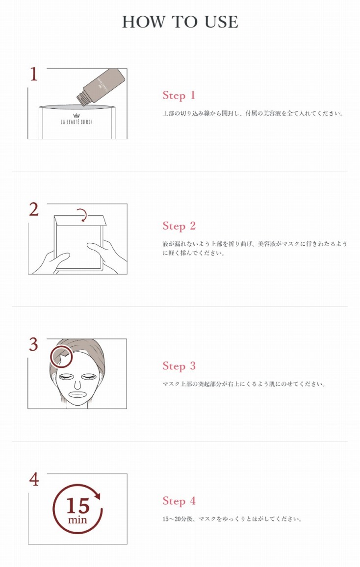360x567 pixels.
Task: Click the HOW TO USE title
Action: coord(180,22)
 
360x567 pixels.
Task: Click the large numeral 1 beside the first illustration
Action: coord(33,74)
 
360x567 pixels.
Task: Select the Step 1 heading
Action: coord(179,95)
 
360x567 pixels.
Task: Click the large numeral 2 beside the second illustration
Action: coord(33,209)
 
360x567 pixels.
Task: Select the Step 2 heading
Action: coord(179,226)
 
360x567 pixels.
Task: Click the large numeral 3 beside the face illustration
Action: coord(33,344)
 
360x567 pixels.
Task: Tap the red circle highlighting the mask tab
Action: coord(61,356)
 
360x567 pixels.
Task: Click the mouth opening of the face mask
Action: coord(77,393)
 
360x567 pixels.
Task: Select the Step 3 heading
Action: coord(179,366)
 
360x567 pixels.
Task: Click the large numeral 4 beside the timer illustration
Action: coord(33,479)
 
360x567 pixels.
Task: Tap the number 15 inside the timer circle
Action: coord(77,505)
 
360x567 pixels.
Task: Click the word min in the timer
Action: coord(77,519)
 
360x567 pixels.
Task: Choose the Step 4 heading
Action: coord(179,501)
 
